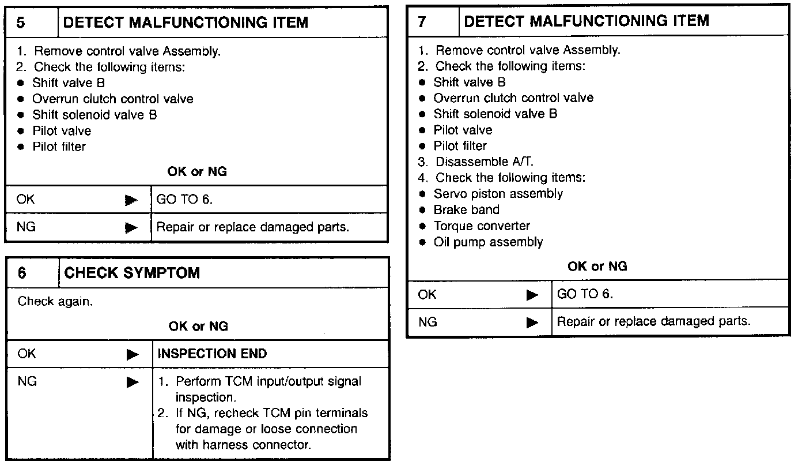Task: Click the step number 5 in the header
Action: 22,23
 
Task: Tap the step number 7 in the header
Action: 422,22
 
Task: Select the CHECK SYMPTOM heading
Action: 132,272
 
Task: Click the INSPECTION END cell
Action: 212,354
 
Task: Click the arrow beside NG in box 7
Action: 531,322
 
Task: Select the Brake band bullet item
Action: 466,210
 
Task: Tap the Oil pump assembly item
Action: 488,242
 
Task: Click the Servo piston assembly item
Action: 498,194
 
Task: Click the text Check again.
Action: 55,301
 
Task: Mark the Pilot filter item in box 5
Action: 59,147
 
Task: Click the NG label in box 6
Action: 27,381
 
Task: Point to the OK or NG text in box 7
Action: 597,267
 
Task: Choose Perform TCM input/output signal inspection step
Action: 268,389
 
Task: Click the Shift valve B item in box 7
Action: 470,82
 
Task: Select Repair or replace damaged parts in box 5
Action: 253,227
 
